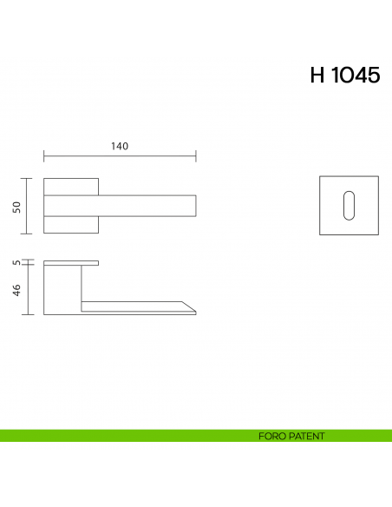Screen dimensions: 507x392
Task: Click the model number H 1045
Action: pos(344,76)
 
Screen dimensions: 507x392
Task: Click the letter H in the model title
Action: pos(317,76)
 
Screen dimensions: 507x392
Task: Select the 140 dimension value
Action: pos(120,146)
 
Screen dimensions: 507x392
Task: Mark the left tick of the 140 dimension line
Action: pos(44,156)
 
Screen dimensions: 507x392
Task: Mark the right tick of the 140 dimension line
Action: pos(196,156)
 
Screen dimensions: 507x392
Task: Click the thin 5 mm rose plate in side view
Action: pos(71,262)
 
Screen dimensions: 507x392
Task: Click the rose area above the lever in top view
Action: pos(71,186)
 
